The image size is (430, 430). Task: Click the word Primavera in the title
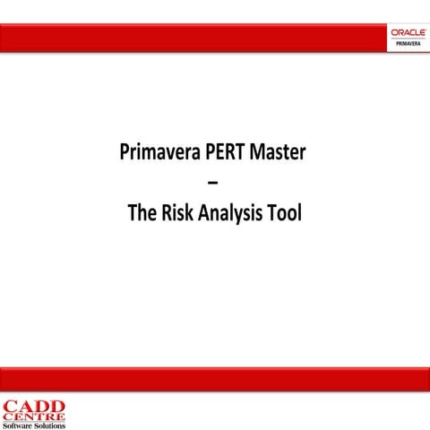[157, 152]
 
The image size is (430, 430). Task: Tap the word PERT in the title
[222, 152]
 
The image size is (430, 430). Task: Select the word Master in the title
[278, 152]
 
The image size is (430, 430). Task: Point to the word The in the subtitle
[142, 215]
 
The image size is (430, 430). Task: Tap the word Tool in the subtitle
[284, 215]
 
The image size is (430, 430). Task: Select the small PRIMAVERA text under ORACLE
[408, 44]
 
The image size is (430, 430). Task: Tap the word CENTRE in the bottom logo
[33, 416]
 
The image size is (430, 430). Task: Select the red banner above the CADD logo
[215, 379]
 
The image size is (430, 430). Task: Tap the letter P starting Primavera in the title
[125, 152]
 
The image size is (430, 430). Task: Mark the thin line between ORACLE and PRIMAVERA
[408, 39]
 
